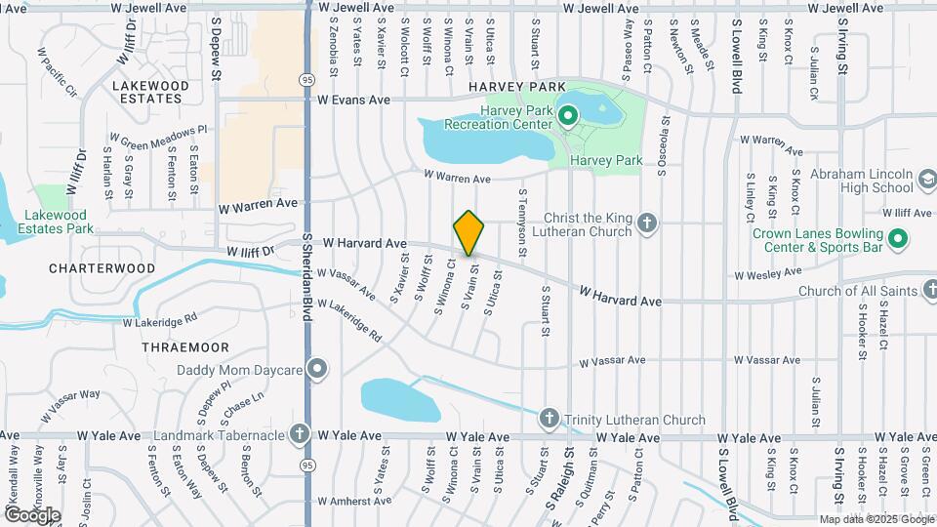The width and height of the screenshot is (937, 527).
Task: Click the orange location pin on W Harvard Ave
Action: point(468,233)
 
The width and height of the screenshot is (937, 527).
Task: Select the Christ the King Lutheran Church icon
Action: point(645,224)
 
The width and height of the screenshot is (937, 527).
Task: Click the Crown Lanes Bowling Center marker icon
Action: point(899,240)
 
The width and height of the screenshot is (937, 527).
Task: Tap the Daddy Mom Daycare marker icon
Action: point(316,370)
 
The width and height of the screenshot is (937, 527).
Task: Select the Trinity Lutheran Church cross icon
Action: point(549,420)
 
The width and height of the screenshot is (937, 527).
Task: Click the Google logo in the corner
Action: point(32,514)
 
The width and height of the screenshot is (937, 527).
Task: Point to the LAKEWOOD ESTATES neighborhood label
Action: point(150,92)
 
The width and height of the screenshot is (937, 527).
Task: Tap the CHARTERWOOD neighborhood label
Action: point(102,267)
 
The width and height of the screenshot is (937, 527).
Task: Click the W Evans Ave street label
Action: point(346,100)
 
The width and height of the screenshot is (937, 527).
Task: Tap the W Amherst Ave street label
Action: point(351,502)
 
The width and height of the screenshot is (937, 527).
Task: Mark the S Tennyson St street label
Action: point(522,223)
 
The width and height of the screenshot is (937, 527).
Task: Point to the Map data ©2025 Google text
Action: point(875,519)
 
